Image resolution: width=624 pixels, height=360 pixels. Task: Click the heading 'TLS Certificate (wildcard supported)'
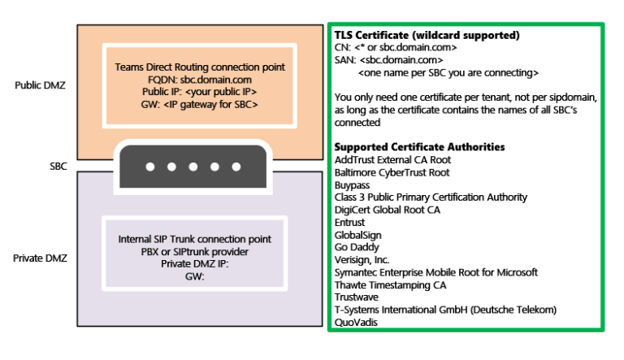[x=427, y=36]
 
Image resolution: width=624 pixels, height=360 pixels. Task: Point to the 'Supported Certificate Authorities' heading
[x=420, y=147]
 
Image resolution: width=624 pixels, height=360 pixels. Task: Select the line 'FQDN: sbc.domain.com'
[x=194, y=80]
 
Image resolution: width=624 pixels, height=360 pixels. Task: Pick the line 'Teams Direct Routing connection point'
[x=194, y=68]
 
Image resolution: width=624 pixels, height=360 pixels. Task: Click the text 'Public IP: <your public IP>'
[x=194, y=93]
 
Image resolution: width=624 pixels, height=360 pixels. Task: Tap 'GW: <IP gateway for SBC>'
[x=194, y=105]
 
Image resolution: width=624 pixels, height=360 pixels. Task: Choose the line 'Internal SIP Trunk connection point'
[x=194, y=240]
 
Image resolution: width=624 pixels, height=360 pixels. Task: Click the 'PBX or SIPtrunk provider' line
[x=194, y=252]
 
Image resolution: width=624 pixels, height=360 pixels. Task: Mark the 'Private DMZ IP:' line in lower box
[x=194, y=264]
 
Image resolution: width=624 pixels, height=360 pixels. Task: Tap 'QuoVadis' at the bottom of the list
[x=356, y=322]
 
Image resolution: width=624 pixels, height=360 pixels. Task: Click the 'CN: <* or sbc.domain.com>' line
[x=395, y=47]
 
